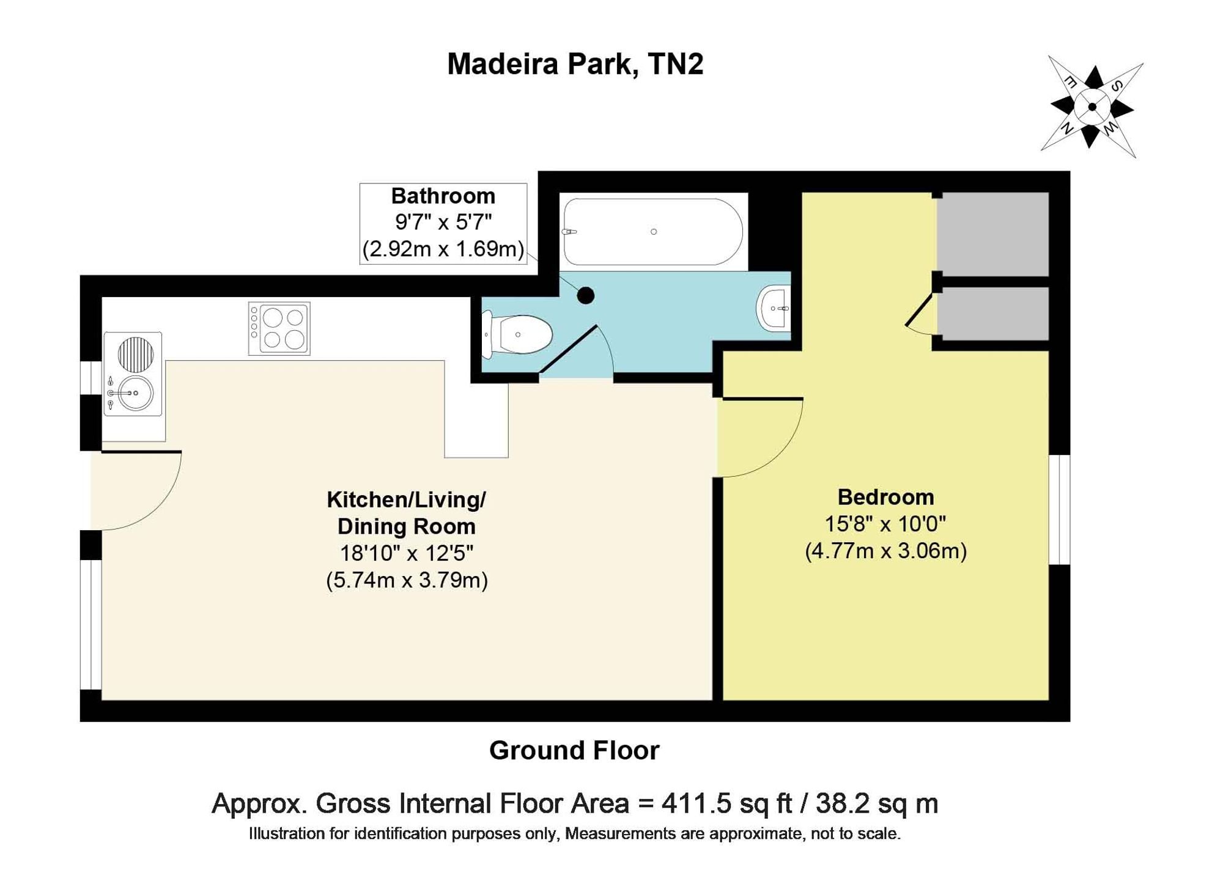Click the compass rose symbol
pyautogui.click(x=1092, y=108)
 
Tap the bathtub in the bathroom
pyautogui.click(x=653, y=232)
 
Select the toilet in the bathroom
pyautogui.click(x=517, y=334)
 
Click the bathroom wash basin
pyautogui.click(x=774, y=308)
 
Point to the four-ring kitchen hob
pyautogui.click(x=279, y=328)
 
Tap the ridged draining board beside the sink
pyautogui.click(x=135, y=354)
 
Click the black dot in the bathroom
pyautogui.click(x=586, y=296)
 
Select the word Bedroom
pyautogui.click(x=885, y=497)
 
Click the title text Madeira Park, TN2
pyautogui.click(x=575, y=64)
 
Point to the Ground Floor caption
pyautogui.click(x=574, y=750)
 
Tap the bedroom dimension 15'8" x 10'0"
pyautogui.click(x=885, y=524)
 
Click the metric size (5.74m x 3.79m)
pyautogui.click(x=407, y=580)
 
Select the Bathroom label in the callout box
pyautogui.click(x=443, y=196)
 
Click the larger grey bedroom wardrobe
pyautogui.click(x=993, y=234)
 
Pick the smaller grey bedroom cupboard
pyautogui.click(x=993, y=314)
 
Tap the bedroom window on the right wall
pyautogui.click(x=1060, y=509)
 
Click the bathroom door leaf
pyautogui.click(x=568, y=349)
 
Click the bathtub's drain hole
pyautogui.click(x=654, y=232)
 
